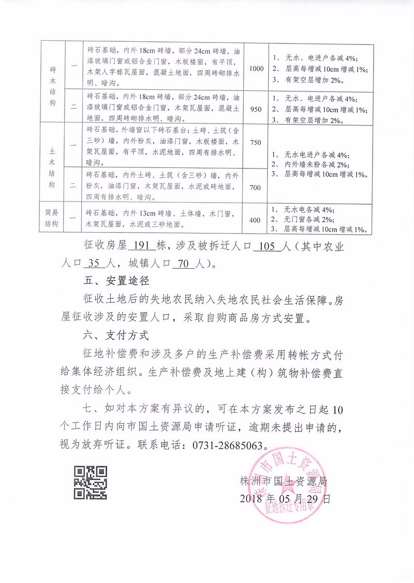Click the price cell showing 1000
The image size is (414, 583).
[257, 68]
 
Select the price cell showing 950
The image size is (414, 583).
[257, 110]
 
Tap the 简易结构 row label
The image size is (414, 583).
[53, 220]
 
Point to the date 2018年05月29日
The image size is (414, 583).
[285, 499]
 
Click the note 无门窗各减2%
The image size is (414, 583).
[307, 220]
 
